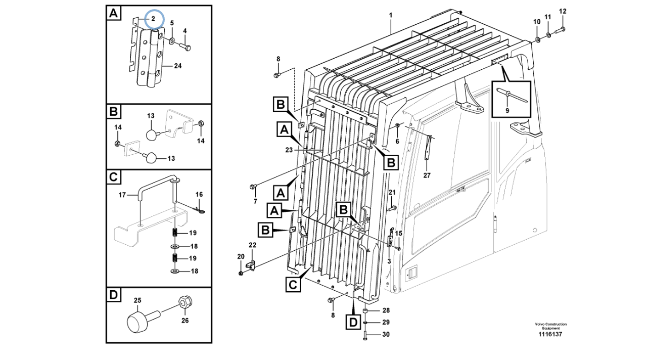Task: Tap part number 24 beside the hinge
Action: click(177, 66)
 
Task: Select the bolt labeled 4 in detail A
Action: click(186, 47)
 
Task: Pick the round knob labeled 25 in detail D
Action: click(137, 322)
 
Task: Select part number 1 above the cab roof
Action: click(390, 16)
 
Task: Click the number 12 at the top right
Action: click(563, 11)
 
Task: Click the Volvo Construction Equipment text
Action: click(551, 326)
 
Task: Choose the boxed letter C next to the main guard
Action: click(293, 285)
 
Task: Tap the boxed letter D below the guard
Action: click(353, 322)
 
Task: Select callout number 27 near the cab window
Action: click(427, 175)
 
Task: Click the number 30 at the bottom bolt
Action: click(386, 334)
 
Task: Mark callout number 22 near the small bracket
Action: click(252, 245)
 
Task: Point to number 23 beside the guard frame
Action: click(289, 150)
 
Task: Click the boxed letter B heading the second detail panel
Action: click(114, 111)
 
